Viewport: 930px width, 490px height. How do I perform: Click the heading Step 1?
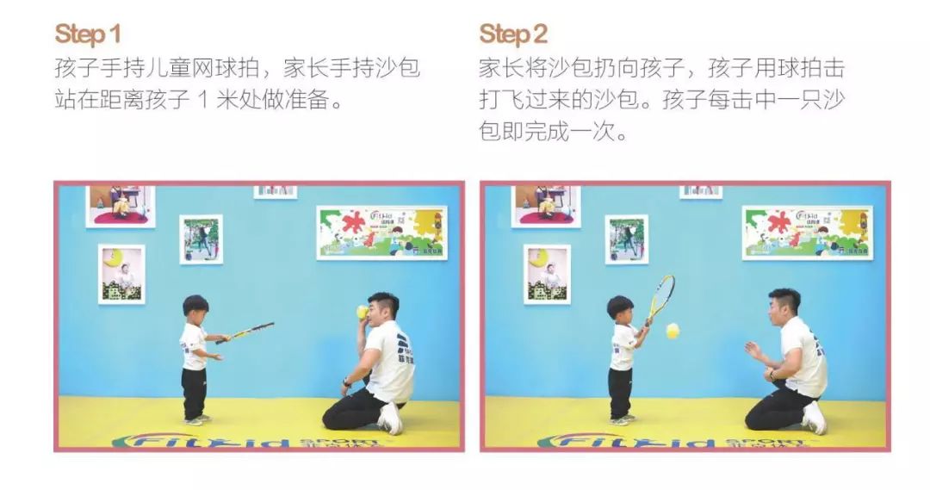(87, 34)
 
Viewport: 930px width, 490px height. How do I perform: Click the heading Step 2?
(513, 34)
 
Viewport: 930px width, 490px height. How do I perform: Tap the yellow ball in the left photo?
(362, 312)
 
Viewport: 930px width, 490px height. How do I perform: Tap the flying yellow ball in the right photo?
(673, 330)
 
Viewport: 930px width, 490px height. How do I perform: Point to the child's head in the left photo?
(195, 307)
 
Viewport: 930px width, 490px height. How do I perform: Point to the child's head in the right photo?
(620, 308)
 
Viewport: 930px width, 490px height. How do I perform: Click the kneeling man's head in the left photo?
(382, 308)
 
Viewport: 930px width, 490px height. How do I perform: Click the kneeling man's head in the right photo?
(783, 304)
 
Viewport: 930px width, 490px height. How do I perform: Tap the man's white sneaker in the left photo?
(390, 419)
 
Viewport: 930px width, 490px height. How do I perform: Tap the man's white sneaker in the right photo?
(814, 418)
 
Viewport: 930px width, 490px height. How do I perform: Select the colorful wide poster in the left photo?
(381, 232)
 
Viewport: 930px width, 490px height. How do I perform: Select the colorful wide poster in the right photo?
(807, 232)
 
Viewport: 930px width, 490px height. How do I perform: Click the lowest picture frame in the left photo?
(121, 274)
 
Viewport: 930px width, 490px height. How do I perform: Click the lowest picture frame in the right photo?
(547, 274)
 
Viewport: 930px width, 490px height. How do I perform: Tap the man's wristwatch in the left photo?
(346, 381)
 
